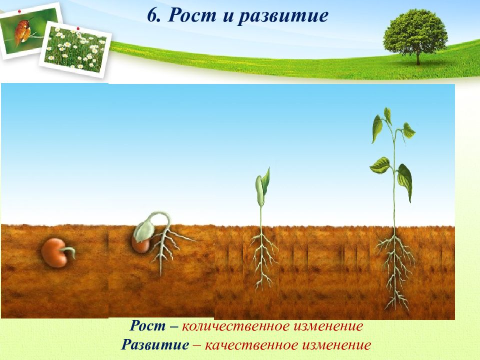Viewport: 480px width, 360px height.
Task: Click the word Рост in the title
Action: point(191,15)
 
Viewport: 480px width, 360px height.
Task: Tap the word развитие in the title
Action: point(283,16)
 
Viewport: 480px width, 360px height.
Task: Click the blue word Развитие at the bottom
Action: point(155,344)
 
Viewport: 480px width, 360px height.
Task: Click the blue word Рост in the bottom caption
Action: point(147,325)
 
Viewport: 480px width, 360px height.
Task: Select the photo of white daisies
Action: point(75,49)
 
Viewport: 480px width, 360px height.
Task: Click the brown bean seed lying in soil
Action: point(54,253)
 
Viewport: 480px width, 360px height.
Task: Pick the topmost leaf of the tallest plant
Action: point(388,115)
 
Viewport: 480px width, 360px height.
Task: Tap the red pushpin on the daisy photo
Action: point(78,28)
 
